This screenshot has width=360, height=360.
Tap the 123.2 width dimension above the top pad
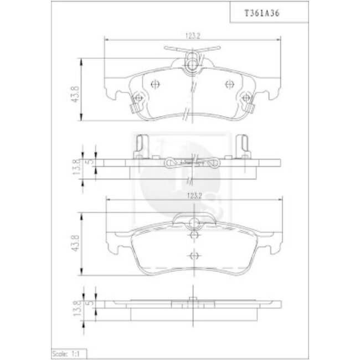click(x=192, y=37)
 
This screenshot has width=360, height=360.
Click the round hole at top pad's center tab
click(x=192, y=65)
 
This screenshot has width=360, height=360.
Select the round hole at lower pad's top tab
click(x=193, y=223)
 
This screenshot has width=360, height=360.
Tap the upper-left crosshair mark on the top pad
click(x=154, y=84)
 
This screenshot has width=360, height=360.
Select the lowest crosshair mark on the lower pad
click(x=193, y=255)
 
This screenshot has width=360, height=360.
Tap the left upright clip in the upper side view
click(x=141, y=146)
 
